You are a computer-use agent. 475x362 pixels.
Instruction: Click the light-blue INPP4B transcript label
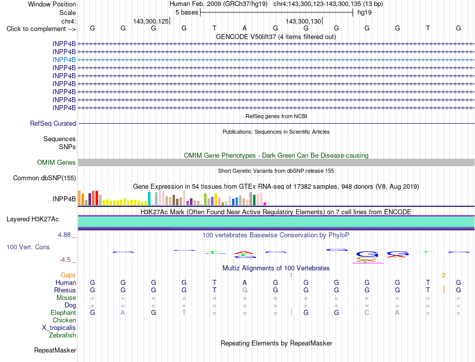(x=64, y=60)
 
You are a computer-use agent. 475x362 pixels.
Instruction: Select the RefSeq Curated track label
(x=53, y=124)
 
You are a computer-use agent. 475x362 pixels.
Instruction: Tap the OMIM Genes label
(x=56, y=162)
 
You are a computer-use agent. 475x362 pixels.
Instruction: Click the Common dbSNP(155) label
(x=44, y=178)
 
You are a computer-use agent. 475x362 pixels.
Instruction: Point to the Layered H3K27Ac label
(x=32, y=219)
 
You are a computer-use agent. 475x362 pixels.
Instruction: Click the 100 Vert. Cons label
(x=28, y=247)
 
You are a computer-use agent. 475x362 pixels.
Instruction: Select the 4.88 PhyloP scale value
(x=64, y=234)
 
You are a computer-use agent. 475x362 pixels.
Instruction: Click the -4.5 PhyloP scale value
(x=65, y=260)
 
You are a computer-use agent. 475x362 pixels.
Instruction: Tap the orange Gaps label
(x=68, y=275)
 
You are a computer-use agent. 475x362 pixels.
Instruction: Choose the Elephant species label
(x=63, y=312)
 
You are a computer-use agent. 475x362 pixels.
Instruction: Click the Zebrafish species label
(x=62, y=335)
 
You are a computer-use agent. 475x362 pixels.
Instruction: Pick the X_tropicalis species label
(x=59, y=328)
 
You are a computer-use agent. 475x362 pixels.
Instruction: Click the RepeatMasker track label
(x=55, y=350)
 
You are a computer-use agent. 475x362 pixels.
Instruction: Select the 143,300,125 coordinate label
(x=151, y=21)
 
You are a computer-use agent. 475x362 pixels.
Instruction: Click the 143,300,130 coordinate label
(x=303, y=21)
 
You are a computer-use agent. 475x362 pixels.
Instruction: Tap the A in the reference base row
(x=245, y=28)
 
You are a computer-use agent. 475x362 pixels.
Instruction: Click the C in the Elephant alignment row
(x=367, y=312)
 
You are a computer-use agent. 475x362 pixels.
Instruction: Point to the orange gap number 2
(x=444, y=275)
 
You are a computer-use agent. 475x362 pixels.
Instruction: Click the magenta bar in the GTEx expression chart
(x=265, y=204)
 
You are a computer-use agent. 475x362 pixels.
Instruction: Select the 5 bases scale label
(x=187, y=13)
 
